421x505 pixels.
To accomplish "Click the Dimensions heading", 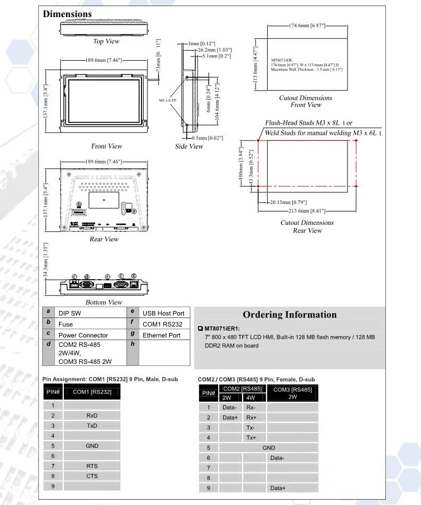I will pyautogui.click(x=67, y=14).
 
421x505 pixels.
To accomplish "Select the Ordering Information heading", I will pyautogui.click(x=290, y=314).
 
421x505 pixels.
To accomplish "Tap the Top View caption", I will pyautogui.click(x=106, y=42).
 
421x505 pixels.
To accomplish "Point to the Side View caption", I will pyautogui.click(x=189, y=146).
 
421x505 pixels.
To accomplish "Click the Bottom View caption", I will pyautogui.click(x=104, y=303).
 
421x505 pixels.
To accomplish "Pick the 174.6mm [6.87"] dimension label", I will pyautogui.click(x=307, y=25).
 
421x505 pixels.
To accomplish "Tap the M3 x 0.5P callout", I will pyautogui.click(x=168, y=100).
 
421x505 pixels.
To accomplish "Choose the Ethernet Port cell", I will pyautogui.click(x=162, y=335).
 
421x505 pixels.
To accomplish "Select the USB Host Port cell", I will pyautogui.click(x=163, y=313).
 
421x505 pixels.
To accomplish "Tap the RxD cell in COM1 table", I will pyautogui.click(x=92, y=416).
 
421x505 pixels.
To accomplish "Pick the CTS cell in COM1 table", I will pyautogui.click(x=92, y=476).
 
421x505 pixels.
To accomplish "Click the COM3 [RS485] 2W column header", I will pyautogui.click(x=292, y=393).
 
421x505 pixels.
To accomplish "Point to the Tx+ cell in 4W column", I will pyautogui.click(x=251, y=438).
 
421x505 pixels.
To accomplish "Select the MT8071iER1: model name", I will pyautogui.click(x=222, y=329).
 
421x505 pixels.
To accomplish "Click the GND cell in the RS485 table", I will pyautogui.click(x=269, y=448).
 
